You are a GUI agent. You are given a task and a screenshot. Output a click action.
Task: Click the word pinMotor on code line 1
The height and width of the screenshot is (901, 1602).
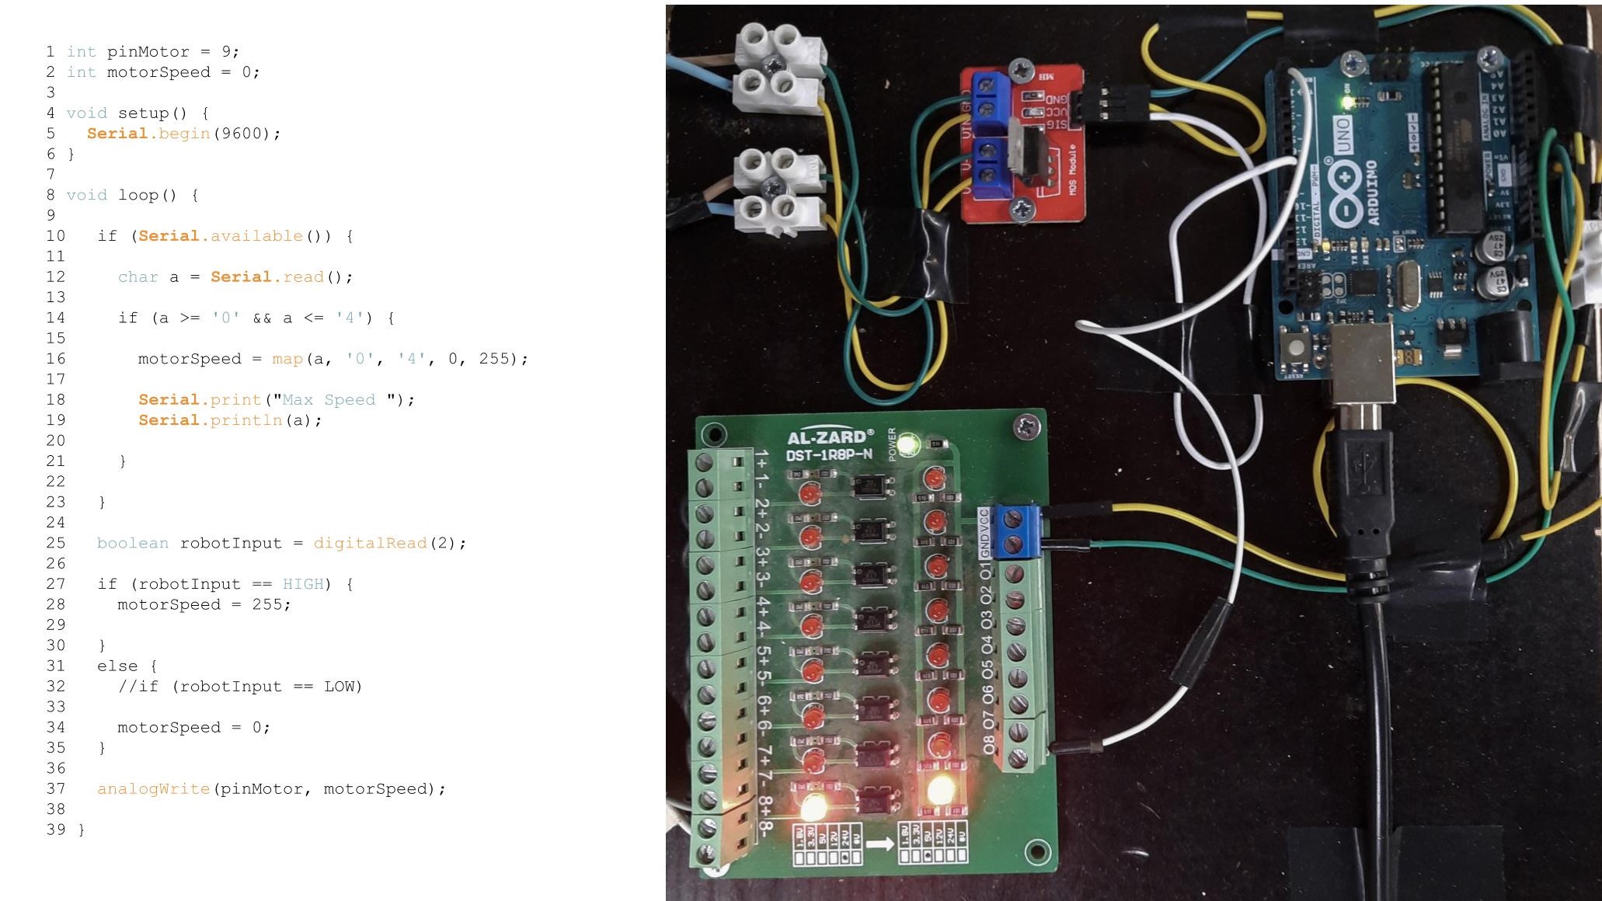coord(148,52)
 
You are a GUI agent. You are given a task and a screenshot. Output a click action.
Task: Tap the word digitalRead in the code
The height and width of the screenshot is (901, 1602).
coord(370,543)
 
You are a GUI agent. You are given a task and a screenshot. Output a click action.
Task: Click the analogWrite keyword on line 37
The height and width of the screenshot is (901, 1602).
coord(153,789)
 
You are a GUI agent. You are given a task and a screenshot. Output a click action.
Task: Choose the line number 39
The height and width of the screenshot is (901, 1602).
coord(56,830)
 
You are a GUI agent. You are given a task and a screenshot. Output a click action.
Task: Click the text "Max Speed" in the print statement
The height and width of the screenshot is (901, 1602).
coord(329,400)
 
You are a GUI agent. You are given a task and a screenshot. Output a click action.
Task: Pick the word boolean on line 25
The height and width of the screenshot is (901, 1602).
coord(132,543)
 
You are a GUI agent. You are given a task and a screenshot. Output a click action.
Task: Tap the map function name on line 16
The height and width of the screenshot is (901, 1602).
coord(287,359)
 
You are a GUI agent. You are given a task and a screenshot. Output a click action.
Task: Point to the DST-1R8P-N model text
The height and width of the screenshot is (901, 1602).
coord(828,454)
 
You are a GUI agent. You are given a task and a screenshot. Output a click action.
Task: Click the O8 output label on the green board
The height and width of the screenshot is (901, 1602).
coord(987,744)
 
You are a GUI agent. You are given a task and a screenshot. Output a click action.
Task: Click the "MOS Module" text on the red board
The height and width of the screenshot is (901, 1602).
coord(1073,169)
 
